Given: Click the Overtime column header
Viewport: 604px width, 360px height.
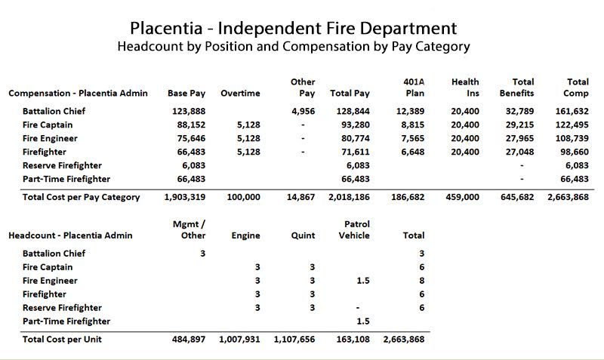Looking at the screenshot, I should [x=240, y=94].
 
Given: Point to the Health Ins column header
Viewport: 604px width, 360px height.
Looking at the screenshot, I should [x=465, y=88].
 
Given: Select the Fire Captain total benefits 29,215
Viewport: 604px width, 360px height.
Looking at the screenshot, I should [x=519, y=125].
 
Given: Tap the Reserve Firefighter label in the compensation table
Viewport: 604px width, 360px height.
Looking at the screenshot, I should [x=62, y=166].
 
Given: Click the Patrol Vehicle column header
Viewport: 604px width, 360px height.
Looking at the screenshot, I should [x=356, y=230].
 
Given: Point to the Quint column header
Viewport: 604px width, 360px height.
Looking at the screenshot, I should [x=301, y=236].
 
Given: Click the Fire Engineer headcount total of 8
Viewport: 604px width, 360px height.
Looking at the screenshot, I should [x=421, y=281].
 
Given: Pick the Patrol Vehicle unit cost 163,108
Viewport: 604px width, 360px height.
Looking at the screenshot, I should [x=353, y=340].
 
